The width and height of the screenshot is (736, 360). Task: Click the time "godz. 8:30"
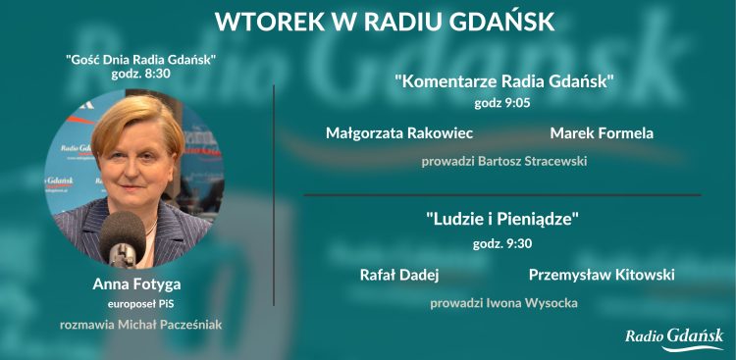click(140, 75)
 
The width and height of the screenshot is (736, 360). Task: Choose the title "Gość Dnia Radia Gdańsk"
click(140, 60)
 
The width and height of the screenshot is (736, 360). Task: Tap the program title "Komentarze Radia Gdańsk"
click(504, 81)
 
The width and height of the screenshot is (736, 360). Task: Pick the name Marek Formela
click(602, 132)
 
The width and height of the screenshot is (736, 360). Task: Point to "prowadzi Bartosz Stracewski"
click(504, 160)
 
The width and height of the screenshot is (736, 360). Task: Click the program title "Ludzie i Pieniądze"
click(502, 220)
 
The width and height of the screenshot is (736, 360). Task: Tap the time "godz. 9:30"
click(502, 241)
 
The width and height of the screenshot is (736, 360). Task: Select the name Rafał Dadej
click(399, 275)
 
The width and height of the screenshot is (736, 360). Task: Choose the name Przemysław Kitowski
click(599, 275)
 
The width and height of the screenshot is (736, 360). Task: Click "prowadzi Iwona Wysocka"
click(503, 303)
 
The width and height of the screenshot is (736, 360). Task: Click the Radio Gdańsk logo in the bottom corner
click(674, 338)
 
